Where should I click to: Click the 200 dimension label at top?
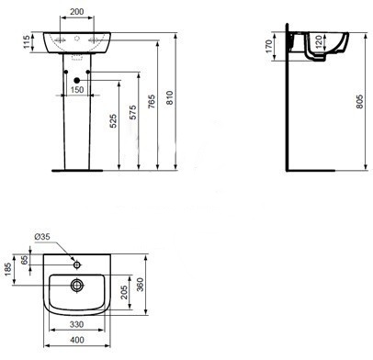click(x=77, y=12)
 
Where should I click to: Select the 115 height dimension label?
click(x=27, y=42)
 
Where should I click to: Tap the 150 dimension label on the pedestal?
click(x=77, y=90)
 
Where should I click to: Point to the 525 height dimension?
click(x=113, y=121)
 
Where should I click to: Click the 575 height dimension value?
click(x=133, y=112)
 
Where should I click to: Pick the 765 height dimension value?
click(x=152, y=102)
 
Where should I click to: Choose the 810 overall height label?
click(x=170, y=97)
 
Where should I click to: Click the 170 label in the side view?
click(x=269, y=46)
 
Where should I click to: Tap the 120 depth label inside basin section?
click(x=319, y=42)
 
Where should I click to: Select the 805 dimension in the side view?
click(x=360, y=101)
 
